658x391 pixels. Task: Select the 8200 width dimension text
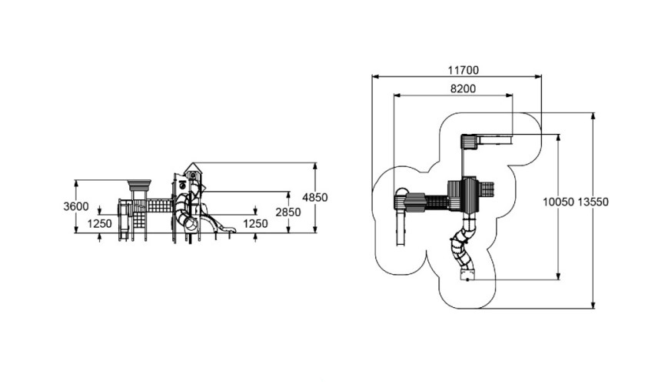(463, 89)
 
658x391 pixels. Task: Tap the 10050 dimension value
(557, 202)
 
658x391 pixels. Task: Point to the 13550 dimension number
(593, 202)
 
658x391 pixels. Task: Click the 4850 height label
(315, 197)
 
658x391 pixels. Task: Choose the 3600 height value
(76, 206)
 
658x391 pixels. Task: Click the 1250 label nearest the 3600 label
(99, 223)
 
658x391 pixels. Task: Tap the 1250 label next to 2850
(255, 223)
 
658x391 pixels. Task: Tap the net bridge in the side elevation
(158, 208)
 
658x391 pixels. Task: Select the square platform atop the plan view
(469, 142)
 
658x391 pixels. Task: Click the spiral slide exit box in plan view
(466, 274)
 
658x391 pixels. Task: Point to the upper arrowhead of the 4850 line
(315, 165)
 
